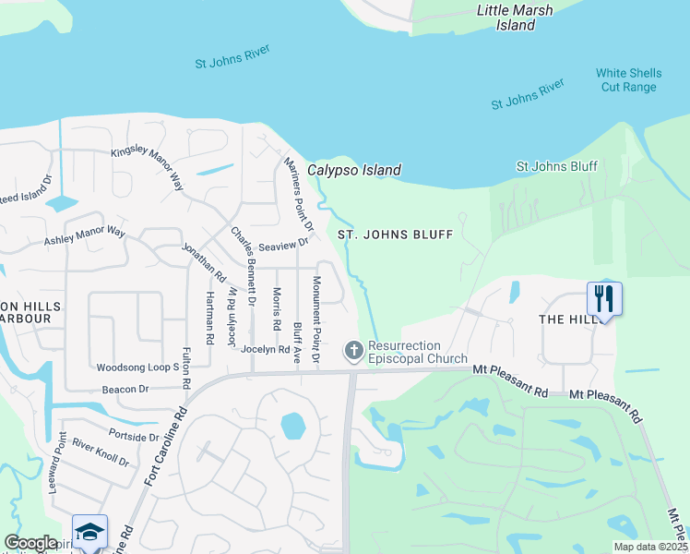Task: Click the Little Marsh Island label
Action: (x=515, y=18)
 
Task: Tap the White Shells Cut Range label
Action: (x=628, y=80)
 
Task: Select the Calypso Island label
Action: (x=353, y=170)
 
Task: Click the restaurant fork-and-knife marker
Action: (x=604, y=298)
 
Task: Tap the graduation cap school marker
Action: (x=89, y=532)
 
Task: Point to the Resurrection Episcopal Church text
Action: (x=417, y=352)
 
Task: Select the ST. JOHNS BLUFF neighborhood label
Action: (x=395, y=235)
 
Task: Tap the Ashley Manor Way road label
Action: (x=84, y=236)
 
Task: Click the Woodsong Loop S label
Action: (x=137, y=367)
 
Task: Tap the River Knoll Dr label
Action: (x=101, y=452)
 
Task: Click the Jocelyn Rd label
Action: (x=265, y=350)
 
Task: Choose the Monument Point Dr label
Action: (x=315, y=319)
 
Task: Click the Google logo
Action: (x=30, y=543)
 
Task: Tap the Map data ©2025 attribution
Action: (x=651, y=547)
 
